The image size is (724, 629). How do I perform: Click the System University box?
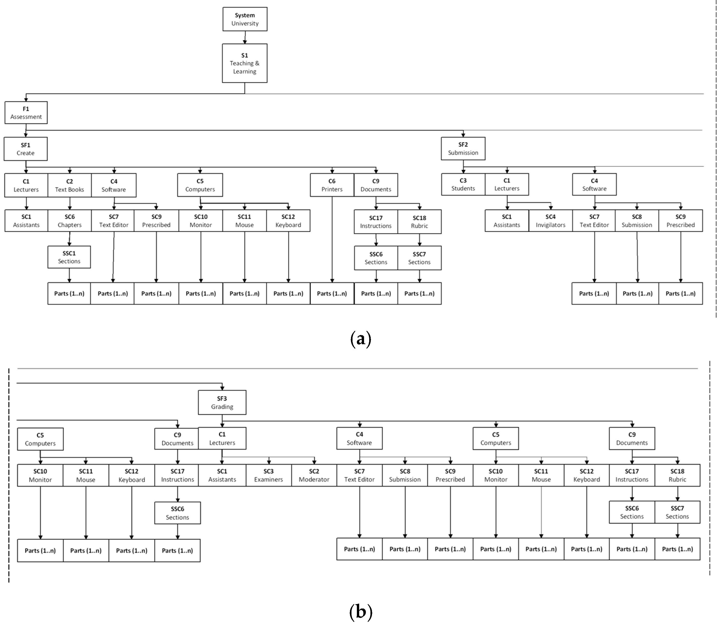pyautogui.click(x=245, y=19)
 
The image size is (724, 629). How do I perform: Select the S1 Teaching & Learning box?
pyautogui.click(x=245, y=63)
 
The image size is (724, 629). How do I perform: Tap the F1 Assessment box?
pyautogui.click(x=26, y=113)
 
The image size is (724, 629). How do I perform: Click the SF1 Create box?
pyautogui.click(x=26, y=149)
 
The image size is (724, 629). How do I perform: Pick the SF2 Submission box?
pyautogui.click(x=463, y=149)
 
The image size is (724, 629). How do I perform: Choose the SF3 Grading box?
pyautogui.click(x=222, y=402)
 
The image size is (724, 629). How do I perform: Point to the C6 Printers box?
pyautogui.click(x=332, y=185)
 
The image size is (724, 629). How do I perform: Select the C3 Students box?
pyautogui.click(x=463, y=184)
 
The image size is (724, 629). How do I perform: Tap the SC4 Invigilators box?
pyautogui.click(x=550, y=221)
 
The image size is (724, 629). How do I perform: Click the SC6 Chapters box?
pyautogui.click(x=69, y=221)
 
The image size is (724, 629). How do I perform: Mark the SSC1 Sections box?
pyautogui.click(x=69, y=257)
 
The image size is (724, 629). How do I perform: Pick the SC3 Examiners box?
pyautogui.click(x=268, y=475)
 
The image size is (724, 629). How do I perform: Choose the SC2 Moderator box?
pyautogui.click(x=314, y=475)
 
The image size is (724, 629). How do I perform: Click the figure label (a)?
pyautogui.click(x=361, y=339)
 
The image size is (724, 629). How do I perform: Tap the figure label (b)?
pyautogui.click(x=361, y=611)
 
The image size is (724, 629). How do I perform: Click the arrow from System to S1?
pyautogui.click(x=245, y=37)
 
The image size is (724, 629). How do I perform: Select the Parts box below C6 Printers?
pyautogui.click(x=332, y=293)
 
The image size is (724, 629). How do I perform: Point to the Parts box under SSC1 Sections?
pyautogui.click(x=69, y=293)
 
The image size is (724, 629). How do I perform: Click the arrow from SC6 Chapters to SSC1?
pyautogui.click(x=69, y=239)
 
